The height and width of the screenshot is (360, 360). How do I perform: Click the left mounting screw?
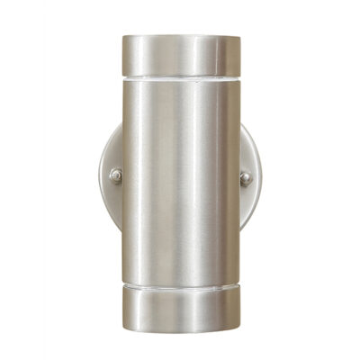(116, 176)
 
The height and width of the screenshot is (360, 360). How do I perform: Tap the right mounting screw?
(245, 177)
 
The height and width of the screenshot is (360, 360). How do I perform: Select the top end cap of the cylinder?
(181, 55)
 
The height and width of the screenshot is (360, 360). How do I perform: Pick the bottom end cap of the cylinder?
(181, 306)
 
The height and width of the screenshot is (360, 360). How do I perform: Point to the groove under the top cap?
(181, 78)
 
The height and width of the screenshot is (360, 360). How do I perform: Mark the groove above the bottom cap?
(181, 287)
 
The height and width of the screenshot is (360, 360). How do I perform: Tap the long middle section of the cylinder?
(181, 180)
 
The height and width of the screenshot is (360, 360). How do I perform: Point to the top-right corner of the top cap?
(240, 37)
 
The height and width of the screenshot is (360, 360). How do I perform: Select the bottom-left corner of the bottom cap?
(122, 324)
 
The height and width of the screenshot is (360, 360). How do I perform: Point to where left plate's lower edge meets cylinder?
(121, 232)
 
